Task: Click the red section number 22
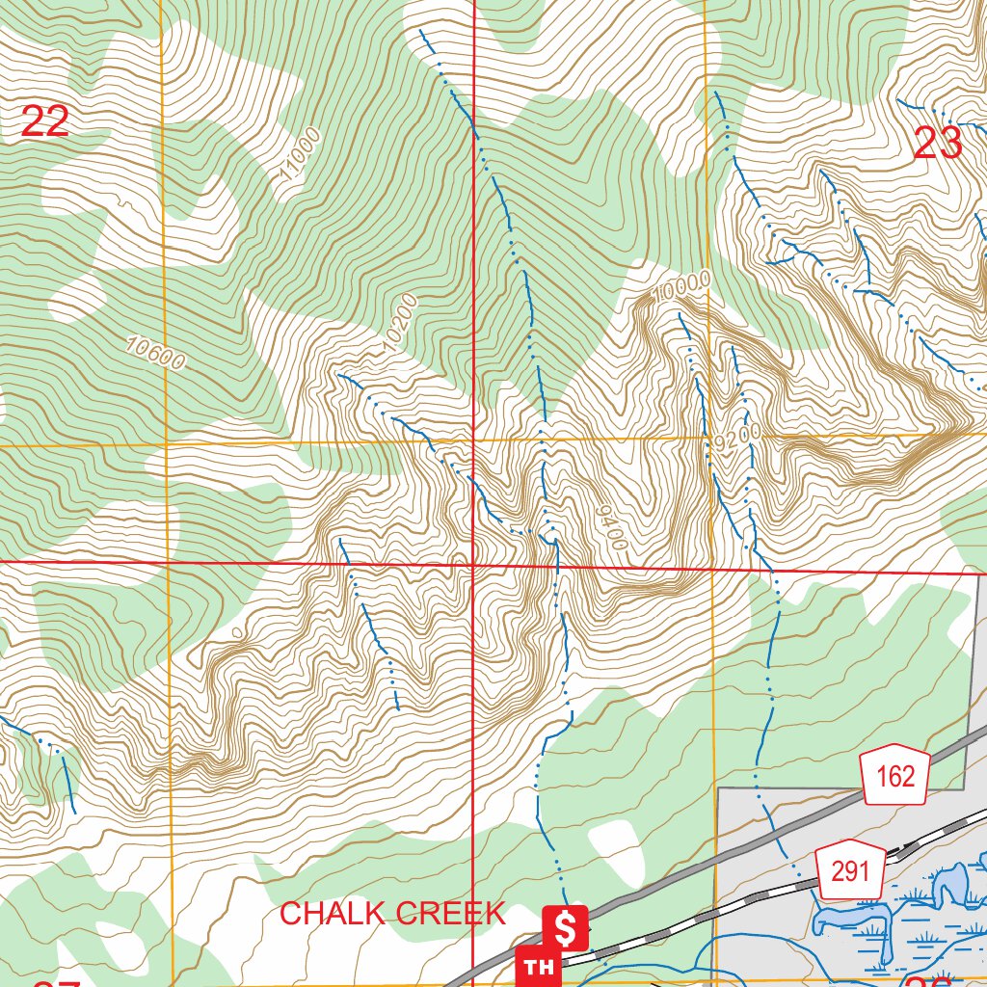pos(44,122)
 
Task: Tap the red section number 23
pos(937,144)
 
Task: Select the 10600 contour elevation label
pos(154,354)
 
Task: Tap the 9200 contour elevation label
pos(739,438)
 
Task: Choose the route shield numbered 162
pos(895,775)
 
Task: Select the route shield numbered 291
pos(850,872)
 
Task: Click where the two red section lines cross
pos(473,564)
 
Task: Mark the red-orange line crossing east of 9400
pos(712,569)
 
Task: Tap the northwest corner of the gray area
pos(719,789)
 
